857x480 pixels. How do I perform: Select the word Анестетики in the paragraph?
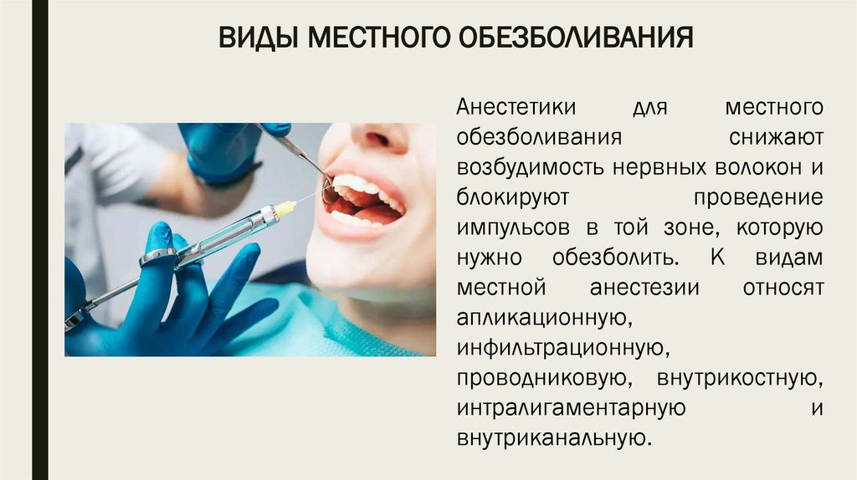point(516,108)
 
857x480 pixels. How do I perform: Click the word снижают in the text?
point(776,136)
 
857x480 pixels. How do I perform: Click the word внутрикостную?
point(737,377)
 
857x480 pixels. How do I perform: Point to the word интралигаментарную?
point(572,407)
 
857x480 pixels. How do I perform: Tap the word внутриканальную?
point(552,437)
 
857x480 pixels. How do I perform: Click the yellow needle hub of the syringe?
point(285,209)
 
